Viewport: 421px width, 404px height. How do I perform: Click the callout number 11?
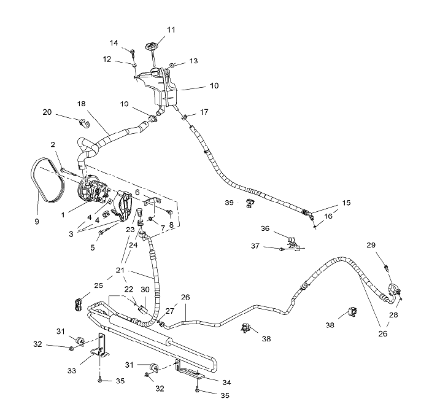(171, 29)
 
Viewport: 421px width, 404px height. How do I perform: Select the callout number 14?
(114, 42)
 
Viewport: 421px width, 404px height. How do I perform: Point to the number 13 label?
(193, 61)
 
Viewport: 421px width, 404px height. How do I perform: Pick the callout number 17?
(204, 112)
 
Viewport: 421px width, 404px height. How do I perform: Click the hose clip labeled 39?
(249, 203)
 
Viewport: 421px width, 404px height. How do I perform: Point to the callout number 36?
(265, 228)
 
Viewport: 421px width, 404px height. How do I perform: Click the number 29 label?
(388, 246)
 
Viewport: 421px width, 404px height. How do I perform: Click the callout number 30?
(145, 290)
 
